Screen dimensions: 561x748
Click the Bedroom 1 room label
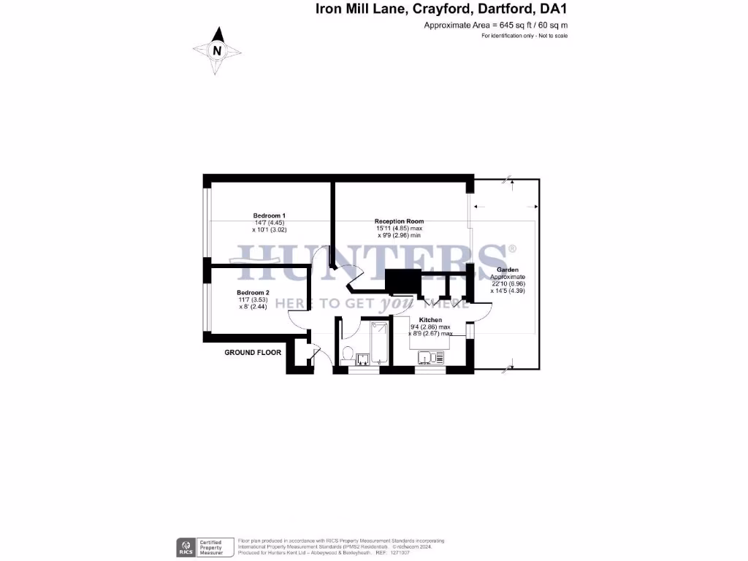[x=269, y=215]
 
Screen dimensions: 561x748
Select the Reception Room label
[x=399, y=221]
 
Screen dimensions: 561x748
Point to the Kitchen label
[x=430, y=320]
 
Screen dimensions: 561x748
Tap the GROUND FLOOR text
[x=253, y=352]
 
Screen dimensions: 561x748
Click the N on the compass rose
[x=217, y=50]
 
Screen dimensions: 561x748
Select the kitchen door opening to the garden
[x=478, y=310]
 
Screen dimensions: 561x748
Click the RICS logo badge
[x=186, y=546]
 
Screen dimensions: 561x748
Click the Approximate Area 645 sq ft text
[x=495, y=25]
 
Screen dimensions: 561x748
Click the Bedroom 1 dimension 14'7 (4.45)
[x=269, y=223]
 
